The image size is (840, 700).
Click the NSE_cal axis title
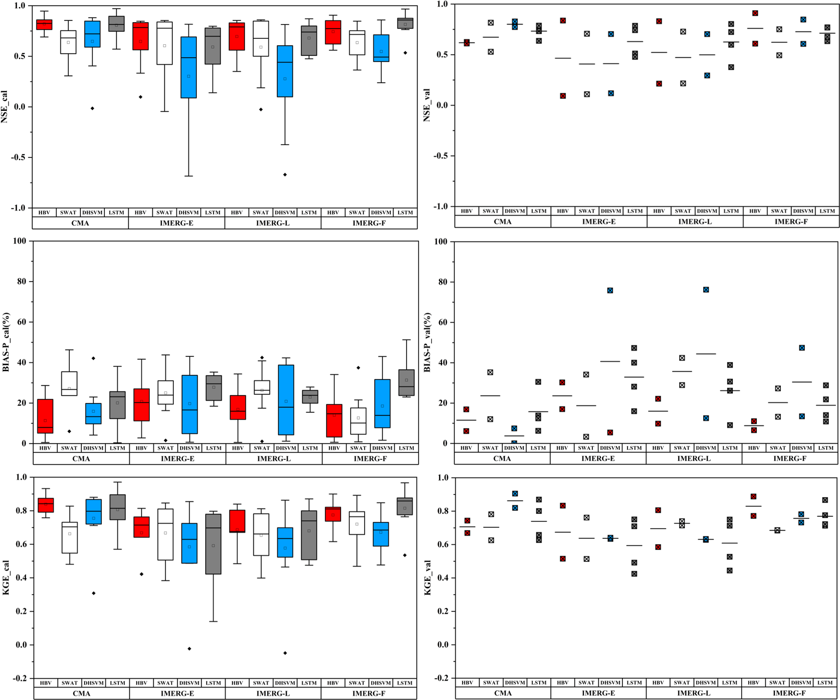(5, 107)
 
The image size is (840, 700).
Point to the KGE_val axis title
(428, 578)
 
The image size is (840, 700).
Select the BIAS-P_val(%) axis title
(428, 342)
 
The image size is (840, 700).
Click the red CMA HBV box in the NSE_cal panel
(44, 24)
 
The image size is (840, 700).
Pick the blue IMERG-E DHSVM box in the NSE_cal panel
(189, 67)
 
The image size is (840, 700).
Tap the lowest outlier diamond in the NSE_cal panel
(285, 175)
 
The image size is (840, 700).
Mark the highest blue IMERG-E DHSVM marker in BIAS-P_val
(610, 290)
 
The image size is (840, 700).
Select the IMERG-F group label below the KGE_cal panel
(369, 693)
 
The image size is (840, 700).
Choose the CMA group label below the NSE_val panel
(503, 222)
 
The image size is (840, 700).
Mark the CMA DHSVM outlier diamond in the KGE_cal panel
(94, 593)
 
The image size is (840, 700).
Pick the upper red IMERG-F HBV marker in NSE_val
(755, 13)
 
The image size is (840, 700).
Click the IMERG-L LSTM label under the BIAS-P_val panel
(730, 448)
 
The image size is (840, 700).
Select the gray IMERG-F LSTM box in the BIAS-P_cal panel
(407, 382)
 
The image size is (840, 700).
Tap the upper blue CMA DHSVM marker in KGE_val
(515, 494)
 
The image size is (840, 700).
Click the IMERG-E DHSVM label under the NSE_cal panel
(189, 212)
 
